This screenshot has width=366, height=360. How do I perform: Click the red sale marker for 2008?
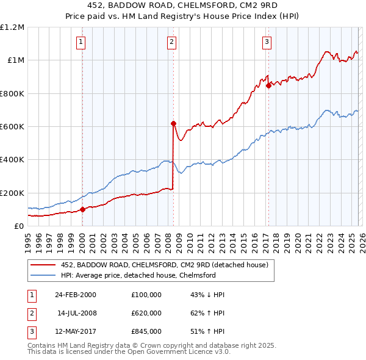(x=173, y=123)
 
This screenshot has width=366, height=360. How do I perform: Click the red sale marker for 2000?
(x=83, y=209)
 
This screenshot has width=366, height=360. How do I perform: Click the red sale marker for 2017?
(x=268, y=86)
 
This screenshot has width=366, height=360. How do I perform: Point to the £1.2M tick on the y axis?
(x=12, y=27)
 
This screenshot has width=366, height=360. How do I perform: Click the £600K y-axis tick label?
(x=12, y=127)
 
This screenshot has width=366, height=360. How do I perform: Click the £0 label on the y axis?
(x=18, y=226)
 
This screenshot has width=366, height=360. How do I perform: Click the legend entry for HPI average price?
(x=138, y=275)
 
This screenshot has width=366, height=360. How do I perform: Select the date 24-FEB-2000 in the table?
(x=75, y=295)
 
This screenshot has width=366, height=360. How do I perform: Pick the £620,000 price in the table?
(x=146, y=312)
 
